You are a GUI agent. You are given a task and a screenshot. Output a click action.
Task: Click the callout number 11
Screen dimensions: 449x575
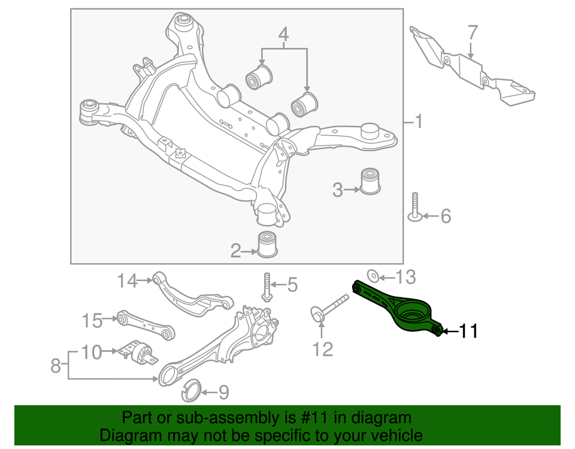[x=468, y=330]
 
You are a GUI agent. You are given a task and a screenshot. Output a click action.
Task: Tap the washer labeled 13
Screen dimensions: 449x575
[x=371, y=276]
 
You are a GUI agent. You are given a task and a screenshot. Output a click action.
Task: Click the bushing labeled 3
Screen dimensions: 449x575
[x=371, y=182]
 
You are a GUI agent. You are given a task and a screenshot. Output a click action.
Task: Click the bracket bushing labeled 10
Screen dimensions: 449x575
[x=139, y=353]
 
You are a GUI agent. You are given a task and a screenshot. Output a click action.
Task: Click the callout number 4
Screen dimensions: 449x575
[x=283, y=34]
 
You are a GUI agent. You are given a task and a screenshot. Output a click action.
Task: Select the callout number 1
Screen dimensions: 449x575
[x=419, y=123]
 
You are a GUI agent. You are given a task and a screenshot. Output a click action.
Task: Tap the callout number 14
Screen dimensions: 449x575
[x=127, y=279]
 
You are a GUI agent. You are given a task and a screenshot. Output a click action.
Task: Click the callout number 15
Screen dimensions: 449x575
[x=93, y=321]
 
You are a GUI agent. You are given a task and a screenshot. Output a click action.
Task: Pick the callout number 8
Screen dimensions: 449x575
[x=56, y=365]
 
